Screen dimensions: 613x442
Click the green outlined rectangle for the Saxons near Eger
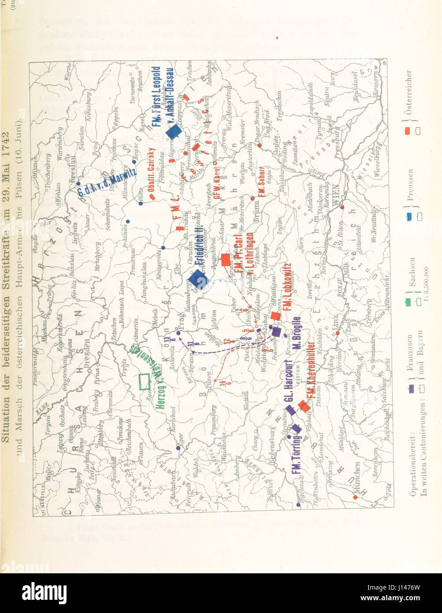tap(145, 381)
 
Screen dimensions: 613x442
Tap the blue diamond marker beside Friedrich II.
tap(199, 279)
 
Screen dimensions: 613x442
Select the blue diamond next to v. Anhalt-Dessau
tap(174, 131)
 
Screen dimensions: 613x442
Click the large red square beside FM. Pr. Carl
tap(225, 260)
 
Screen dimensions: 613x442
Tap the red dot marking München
tap(355, 497)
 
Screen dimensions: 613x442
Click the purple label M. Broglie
tap(296, 334)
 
